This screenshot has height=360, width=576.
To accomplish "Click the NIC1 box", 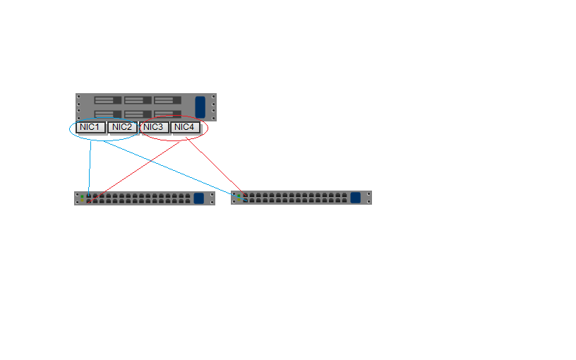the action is click(91, 128).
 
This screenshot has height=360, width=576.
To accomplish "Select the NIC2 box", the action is click(122, 128).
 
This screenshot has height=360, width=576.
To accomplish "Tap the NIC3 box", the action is click(154, 128).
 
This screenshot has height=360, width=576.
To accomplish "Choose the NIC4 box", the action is click(185, 128).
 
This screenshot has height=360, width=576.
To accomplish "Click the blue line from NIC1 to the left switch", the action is click(90, 168).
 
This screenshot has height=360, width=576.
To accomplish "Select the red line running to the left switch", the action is click(133, 172).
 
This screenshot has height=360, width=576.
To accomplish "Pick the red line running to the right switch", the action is click(216, 167).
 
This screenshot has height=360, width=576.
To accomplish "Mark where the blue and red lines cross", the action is click(151, 160).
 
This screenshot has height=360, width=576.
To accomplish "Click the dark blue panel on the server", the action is click(200, 107).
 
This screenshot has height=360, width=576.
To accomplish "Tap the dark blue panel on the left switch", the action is click(199, 198).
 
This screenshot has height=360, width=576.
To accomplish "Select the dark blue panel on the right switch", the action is click(356, 198).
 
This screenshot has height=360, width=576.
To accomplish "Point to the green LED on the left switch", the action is click(83, 196).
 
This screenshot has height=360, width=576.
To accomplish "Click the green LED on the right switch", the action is click(239, 196).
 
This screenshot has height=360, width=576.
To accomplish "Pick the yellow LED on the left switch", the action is click(83, 200).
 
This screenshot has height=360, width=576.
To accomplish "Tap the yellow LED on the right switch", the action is click(239, 200).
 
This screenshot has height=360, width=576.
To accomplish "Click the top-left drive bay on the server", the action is click(107, 100).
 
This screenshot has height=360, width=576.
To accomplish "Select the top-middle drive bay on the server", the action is click(138, 100).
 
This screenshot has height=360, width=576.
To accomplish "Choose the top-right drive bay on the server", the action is click(167, 100).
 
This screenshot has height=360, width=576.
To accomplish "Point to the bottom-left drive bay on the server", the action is click(107, 114).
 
